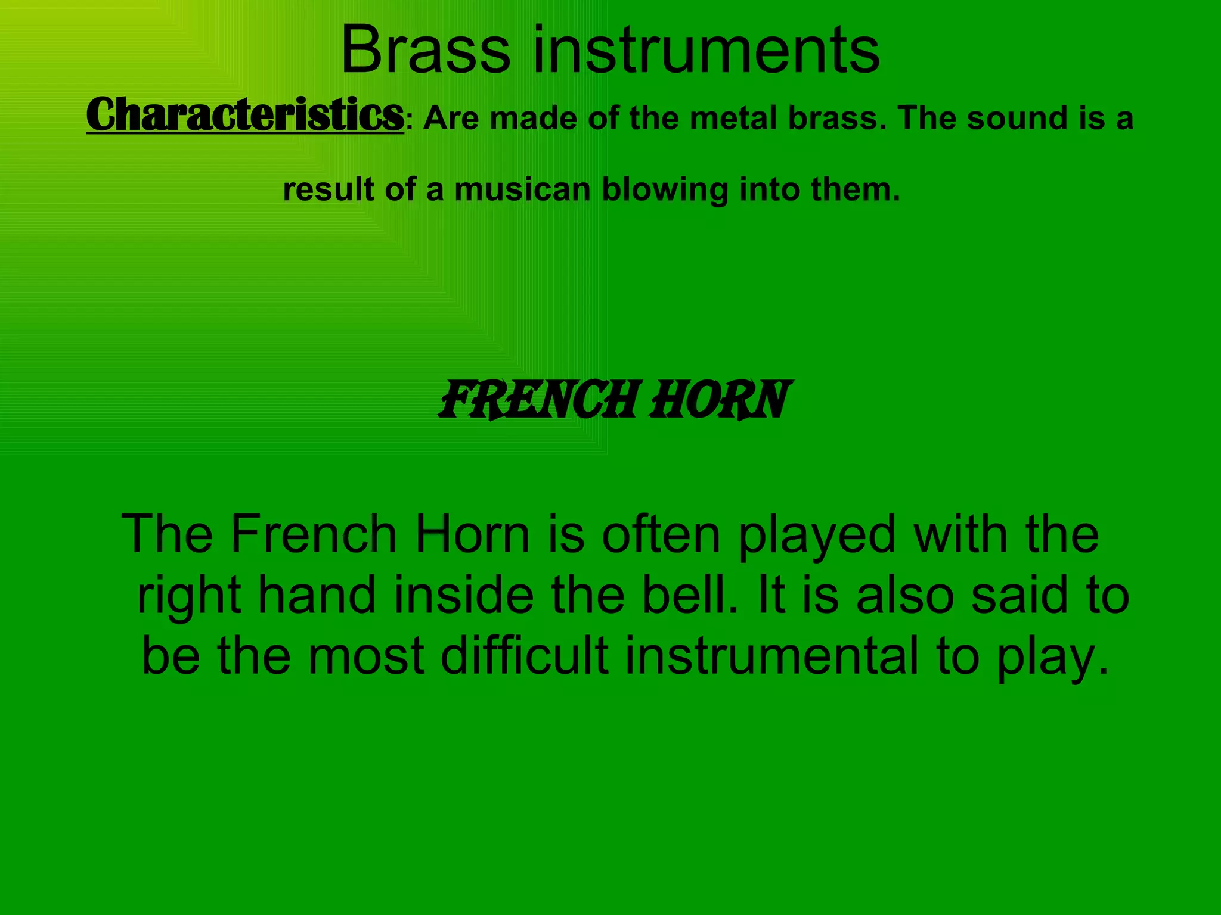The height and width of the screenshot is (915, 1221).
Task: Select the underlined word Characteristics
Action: (245, 115)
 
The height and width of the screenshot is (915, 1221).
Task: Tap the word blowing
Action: (665, 190)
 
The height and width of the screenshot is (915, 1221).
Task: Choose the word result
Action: (329, 190)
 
